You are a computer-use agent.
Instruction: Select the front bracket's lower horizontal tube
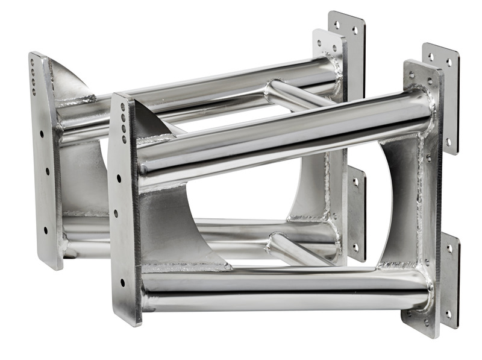[x=283, y=289]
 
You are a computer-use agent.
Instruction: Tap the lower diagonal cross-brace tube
[x=295, y=247]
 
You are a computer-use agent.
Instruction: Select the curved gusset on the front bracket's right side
[x=398, y=199]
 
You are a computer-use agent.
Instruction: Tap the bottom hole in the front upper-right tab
[x=448, y=142]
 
